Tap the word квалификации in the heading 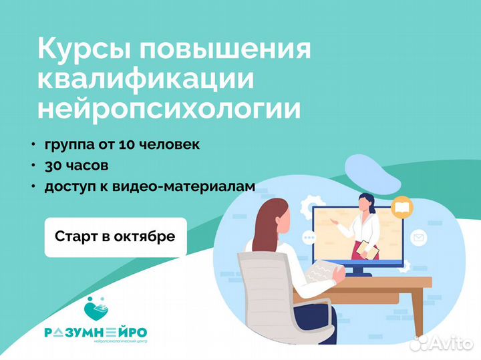[146, 79]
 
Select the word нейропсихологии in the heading [169, 110]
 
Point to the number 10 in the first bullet [127, 144]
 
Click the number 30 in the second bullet [53, 166]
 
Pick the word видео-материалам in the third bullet [184, 186]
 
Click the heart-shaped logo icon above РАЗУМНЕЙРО [96, 309]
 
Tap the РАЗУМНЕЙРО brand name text [96, 333]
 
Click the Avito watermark [442, 343]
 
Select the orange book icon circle [402, 208]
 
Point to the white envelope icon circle [419, 238]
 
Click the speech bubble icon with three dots [309, 237]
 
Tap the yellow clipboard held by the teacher [367, 249]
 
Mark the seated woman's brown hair [269, 222]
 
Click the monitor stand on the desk [358, 271]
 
